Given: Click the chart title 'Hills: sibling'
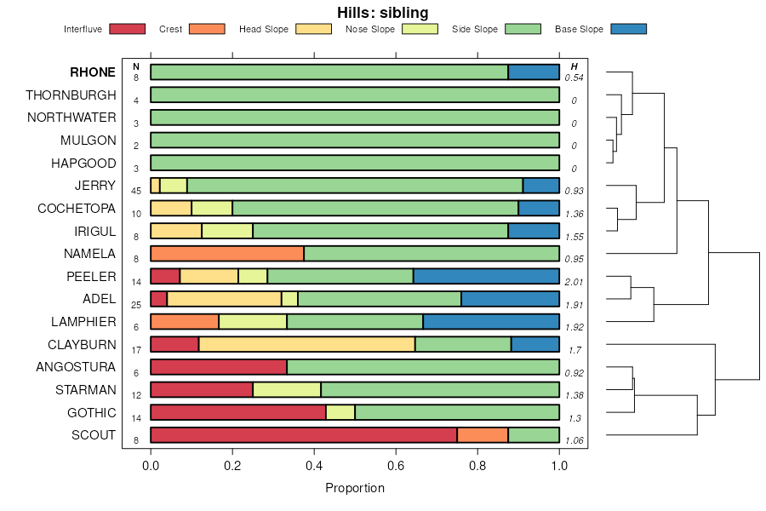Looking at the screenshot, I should tap(382, 12).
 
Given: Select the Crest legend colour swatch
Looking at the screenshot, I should tap(207, 29).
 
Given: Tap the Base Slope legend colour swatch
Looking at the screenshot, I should tap(628, 29).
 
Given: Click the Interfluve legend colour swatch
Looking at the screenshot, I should tap(127, 29).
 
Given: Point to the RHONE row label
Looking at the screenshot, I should tap(93, 72).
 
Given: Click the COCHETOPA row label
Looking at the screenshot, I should tap(77, 208).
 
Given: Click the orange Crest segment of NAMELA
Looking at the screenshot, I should tap(227, 253).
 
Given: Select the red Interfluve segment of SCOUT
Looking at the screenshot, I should tap(304, 435).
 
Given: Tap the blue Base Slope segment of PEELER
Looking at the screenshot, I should tap(486, 276).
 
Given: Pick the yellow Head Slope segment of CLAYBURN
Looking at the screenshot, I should tap(306, 344).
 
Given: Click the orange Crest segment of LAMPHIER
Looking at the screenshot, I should tap(185, 321).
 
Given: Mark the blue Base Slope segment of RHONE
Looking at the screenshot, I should tap(534, 72).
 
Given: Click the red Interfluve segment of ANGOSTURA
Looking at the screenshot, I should tap(219, 367).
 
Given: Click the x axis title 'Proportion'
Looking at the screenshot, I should tap(355, 488).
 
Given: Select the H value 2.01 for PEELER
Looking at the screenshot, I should tap(574, 282).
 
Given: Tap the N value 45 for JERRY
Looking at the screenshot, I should tap(136, 191).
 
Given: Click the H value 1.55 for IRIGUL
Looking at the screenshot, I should tap(574, 236).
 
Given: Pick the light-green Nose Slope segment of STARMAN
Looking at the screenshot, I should tap(287, 389).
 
